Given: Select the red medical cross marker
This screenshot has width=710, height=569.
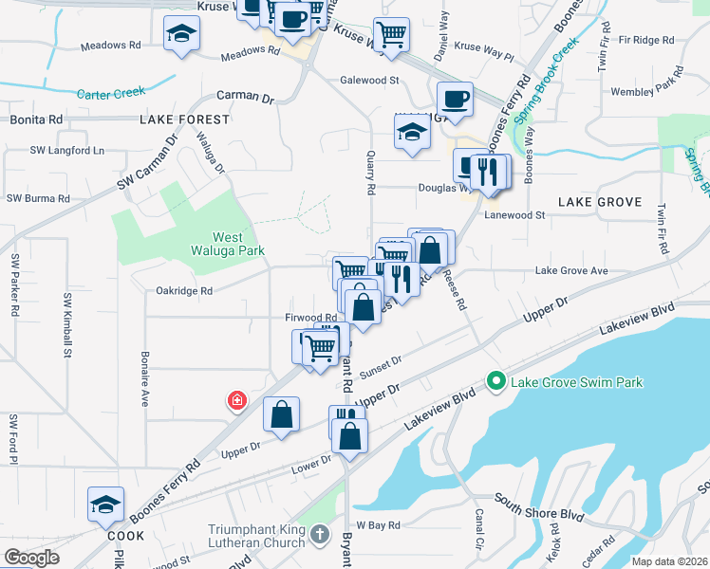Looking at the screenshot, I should (235, 402).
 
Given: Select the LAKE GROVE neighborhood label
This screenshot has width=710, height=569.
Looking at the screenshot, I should (600, 203).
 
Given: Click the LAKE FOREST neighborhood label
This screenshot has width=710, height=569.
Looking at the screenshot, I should (184, 119).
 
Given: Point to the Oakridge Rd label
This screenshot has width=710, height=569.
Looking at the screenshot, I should (184, 291).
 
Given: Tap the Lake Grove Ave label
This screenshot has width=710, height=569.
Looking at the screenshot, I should (571, 271).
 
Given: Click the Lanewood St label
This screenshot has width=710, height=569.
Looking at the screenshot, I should (514, 215).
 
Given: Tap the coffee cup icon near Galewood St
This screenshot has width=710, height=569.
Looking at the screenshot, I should (455, 99).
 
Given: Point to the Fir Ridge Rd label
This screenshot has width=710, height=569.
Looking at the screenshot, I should (645, 41).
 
